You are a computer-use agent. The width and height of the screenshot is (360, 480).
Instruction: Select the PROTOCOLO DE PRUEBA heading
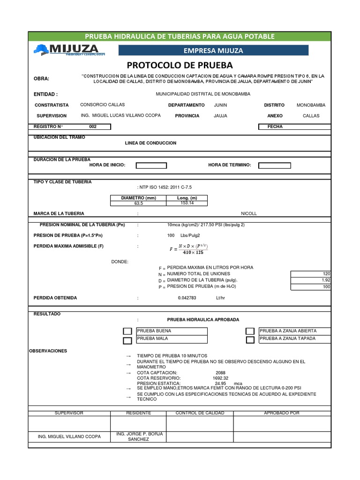180,65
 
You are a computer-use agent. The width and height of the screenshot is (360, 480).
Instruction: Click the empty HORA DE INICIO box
151,165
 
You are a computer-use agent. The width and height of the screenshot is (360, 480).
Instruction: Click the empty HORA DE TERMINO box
275,165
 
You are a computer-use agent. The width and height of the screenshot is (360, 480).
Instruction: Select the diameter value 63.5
138,203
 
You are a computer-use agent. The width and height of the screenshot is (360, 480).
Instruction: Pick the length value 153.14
187,203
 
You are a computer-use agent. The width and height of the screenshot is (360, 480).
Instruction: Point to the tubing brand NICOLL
249,214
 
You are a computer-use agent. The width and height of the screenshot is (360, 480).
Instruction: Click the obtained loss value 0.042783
187,298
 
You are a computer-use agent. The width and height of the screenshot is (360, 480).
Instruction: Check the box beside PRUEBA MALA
127,341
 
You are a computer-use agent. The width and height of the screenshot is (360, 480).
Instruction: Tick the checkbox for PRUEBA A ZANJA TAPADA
250,340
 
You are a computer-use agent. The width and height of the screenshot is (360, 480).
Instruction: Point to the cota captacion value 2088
214,373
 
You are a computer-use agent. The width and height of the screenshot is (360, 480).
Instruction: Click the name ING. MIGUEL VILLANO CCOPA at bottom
69,437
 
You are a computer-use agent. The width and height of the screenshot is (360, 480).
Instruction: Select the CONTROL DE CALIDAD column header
200,413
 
